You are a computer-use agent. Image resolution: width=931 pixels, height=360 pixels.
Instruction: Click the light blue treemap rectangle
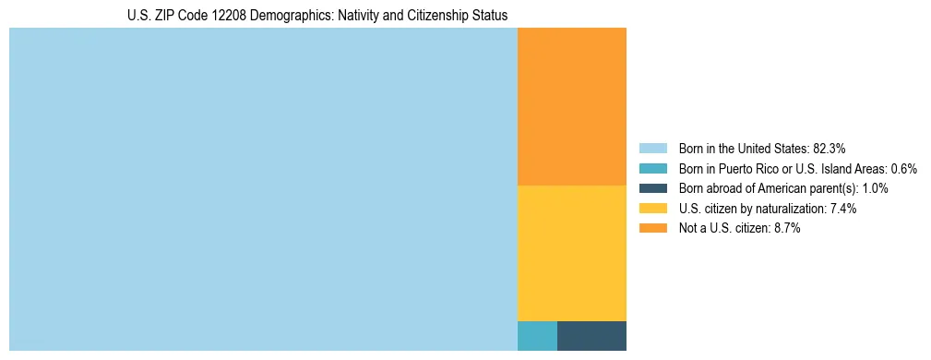pos(263,189)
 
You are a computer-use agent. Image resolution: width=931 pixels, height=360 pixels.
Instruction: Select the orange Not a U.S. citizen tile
pos(571,106)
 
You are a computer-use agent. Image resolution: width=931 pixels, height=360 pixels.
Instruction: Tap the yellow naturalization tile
pos(571,253)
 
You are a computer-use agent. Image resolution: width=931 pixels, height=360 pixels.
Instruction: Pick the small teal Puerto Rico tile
pos(537,335)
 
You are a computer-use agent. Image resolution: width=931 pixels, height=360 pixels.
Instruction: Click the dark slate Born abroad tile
pos(591,335)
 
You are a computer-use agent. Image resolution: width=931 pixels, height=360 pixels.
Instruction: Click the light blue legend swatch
pos(652,148)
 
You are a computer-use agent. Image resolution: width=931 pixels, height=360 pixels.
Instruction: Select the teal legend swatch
pos(652,168)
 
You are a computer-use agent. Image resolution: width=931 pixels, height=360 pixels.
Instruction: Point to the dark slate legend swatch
pos(652,188)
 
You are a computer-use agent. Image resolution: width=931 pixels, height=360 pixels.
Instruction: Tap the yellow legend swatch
pos(652,209)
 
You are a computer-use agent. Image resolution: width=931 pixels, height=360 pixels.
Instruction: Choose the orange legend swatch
pos(652,229)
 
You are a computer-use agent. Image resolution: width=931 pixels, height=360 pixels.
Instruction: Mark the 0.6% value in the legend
pos(903,168)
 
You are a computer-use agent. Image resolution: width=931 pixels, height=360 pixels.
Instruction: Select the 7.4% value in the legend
pos(842,209)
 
